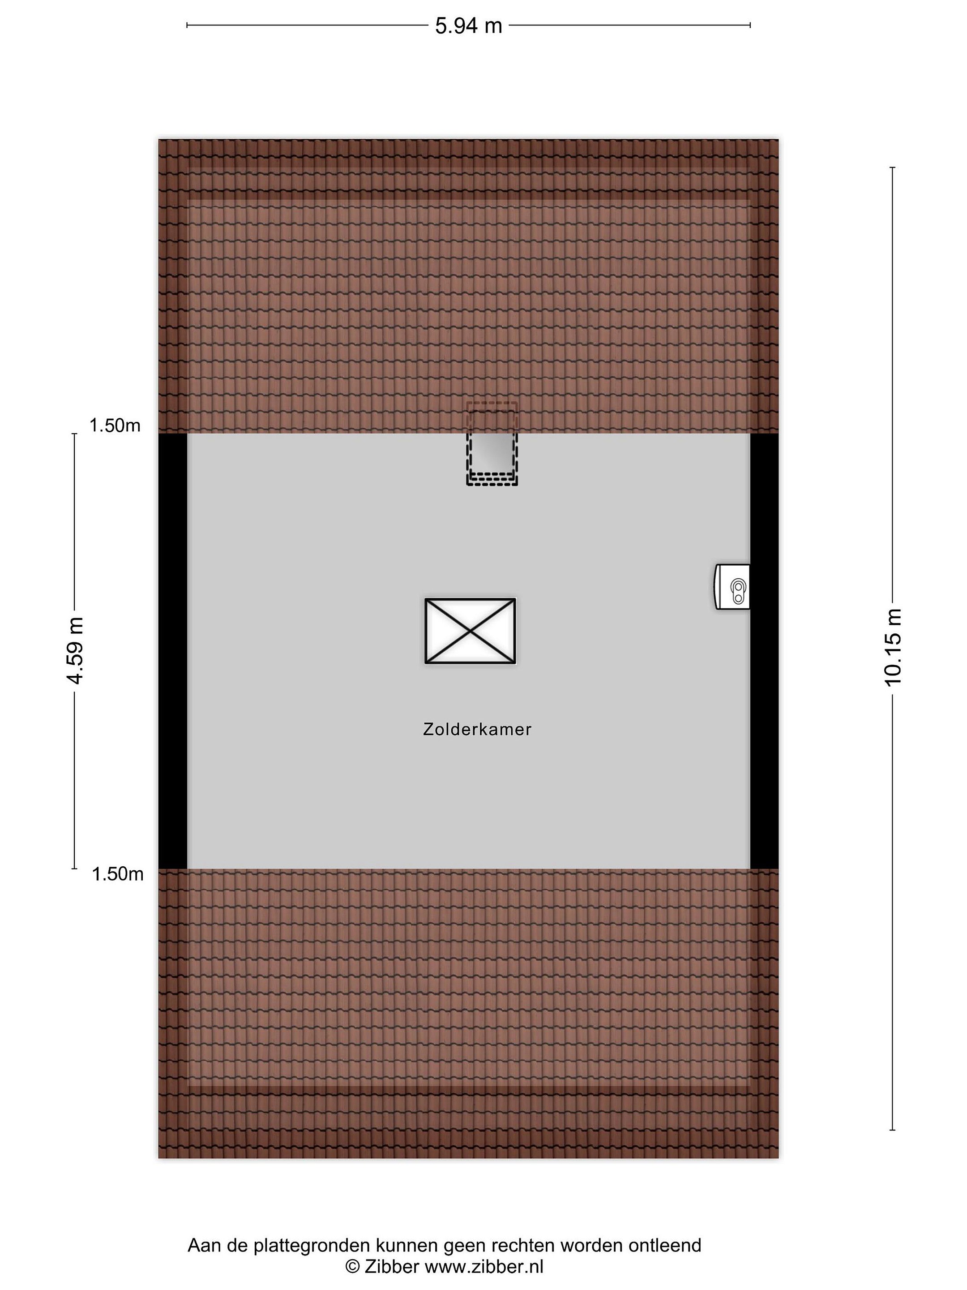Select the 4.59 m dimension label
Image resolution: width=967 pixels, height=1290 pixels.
(x=75, y=650)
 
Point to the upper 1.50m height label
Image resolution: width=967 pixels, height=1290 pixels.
(x=115, y=426)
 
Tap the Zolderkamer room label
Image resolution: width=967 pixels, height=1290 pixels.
(x=477, y=730)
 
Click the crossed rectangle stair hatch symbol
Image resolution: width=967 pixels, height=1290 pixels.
(x=471, y=631)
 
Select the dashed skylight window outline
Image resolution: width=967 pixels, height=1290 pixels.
(x=492, y=444)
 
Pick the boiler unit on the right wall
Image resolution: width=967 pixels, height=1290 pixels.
(x=732, y=587)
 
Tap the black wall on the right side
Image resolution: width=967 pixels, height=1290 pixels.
(x=764, y=651)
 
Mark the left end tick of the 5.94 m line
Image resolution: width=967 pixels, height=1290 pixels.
(x=187, y=25)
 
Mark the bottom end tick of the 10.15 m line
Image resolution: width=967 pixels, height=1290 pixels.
(x=892, y=1130)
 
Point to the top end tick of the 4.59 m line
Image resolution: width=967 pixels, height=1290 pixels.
(x=75, y=434)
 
